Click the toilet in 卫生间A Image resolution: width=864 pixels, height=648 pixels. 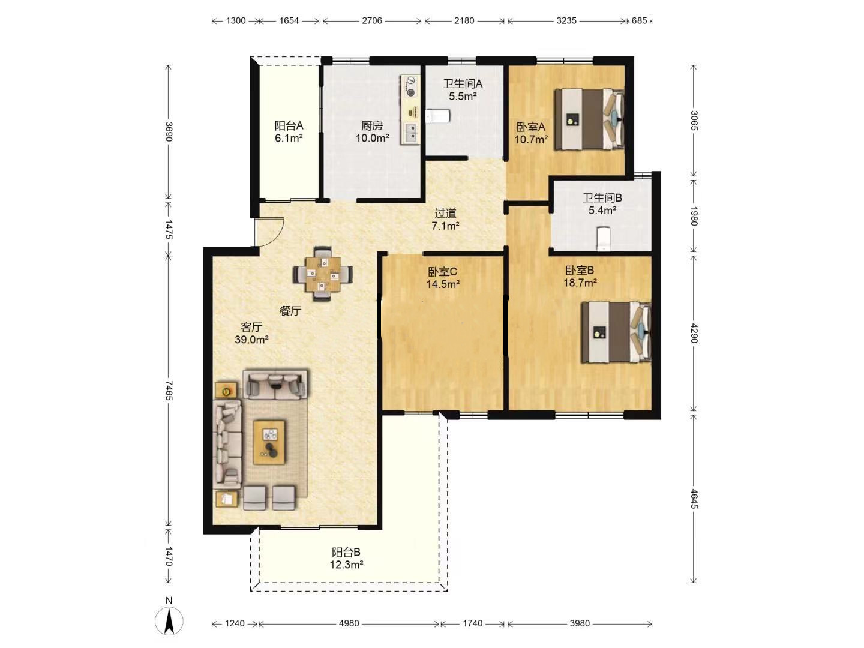[437, 116]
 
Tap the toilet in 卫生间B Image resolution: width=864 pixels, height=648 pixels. [603, 238]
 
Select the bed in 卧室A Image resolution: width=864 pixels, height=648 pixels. [589, 119]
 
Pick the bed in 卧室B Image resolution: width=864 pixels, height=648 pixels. [616, 332]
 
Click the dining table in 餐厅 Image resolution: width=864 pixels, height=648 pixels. [323, 274]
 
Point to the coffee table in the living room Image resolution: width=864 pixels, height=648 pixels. [269, 442]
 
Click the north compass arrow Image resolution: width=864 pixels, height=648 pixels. [169, 621]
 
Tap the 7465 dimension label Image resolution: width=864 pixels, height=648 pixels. [169, 390]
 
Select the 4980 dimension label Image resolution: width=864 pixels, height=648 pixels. [349, 623]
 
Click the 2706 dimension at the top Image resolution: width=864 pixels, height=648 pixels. [372, 20]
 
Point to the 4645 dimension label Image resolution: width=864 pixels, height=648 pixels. [694, 499]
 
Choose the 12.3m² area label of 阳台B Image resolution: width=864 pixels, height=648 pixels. [346, 565]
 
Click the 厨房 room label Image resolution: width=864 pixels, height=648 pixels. [372, 125]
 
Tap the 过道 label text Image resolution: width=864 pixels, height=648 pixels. [446, 213]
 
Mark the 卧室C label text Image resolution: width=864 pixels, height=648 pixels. [443, 271]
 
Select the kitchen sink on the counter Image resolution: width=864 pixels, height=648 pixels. [410, 132]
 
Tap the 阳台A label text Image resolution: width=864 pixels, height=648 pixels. [289, 125]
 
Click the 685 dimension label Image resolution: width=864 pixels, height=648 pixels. [639, 20]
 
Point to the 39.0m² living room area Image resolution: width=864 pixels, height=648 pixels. [251, 339]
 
